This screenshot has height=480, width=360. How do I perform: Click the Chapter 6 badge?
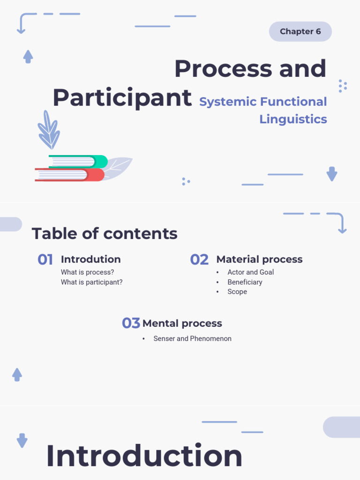pos(300,31)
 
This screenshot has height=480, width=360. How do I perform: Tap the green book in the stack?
pos(78,161)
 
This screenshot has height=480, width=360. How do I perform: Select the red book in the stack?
pos(70,175)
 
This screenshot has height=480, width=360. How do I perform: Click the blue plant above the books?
pos(49,130)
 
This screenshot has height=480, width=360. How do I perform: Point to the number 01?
pos(45,260)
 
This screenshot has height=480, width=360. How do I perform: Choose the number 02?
pos(199,260)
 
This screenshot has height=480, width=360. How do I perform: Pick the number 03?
pos(131,323)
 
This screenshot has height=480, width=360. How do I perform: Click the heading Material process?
pos(259,259)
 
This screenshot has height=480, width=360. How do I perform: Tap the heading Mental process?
pos(182,323)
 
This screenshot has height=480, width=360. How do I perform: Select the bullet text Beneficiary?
pos(245,282)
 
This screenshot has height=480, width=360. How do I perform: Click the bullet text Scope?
pos(237,292)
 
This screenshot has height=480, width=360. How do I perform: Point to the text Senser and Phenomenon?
pos(192,338)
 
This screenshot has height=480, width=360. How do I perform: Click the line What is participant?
pos(91,282)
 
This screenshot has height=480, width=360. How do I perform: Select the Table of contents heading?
pos(105,233)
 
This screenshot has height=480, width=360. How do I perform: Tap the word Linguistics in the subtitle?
pos(293,119)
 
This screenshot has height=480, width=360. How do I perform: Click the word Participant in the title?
pos(122,97)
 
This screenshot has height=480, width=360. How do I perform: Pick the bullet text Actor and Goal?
pos(250,272)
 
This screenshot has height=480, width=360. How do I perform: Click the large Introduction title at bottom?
pos(144,456)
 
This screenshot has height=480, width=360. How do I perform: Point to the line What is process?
pos(87,272)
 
